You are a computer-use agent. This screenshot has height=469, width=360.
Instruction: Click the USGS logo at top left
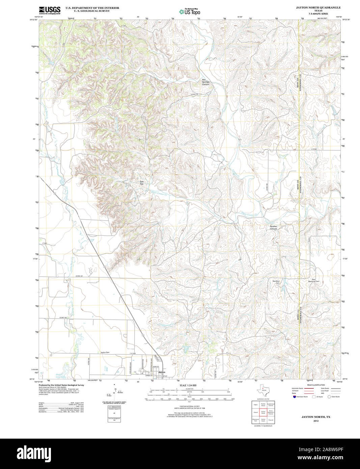tap(50, 10)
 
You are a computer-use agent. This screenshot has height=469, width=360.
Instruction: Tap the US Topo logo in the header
tap(190, 11)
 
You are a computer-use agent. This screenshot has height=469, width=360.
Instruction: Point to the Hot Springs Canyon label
tap(205, 82)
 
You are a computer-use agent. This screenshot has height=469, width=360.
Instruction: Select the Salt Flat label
tap(142, 183)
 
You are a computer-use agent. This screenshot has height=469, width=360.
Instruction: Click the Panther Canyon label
tap(273, 227)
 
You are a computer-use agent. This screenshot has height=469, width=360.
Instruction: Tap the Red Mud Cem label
tap(276, 282)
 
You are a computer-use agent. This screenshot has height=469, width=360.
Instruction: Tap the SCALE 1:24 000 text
tap(188, 385)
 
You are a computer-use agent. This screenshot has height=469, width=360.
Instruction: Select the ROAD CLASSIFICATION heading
tap(316, 385)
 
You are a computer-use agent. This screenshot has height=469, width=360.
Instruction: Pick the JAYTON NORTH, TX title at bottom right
tap(316, 417)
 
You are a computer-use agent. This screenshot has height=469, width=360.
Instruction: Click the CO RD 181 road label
tap(79, 276)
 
